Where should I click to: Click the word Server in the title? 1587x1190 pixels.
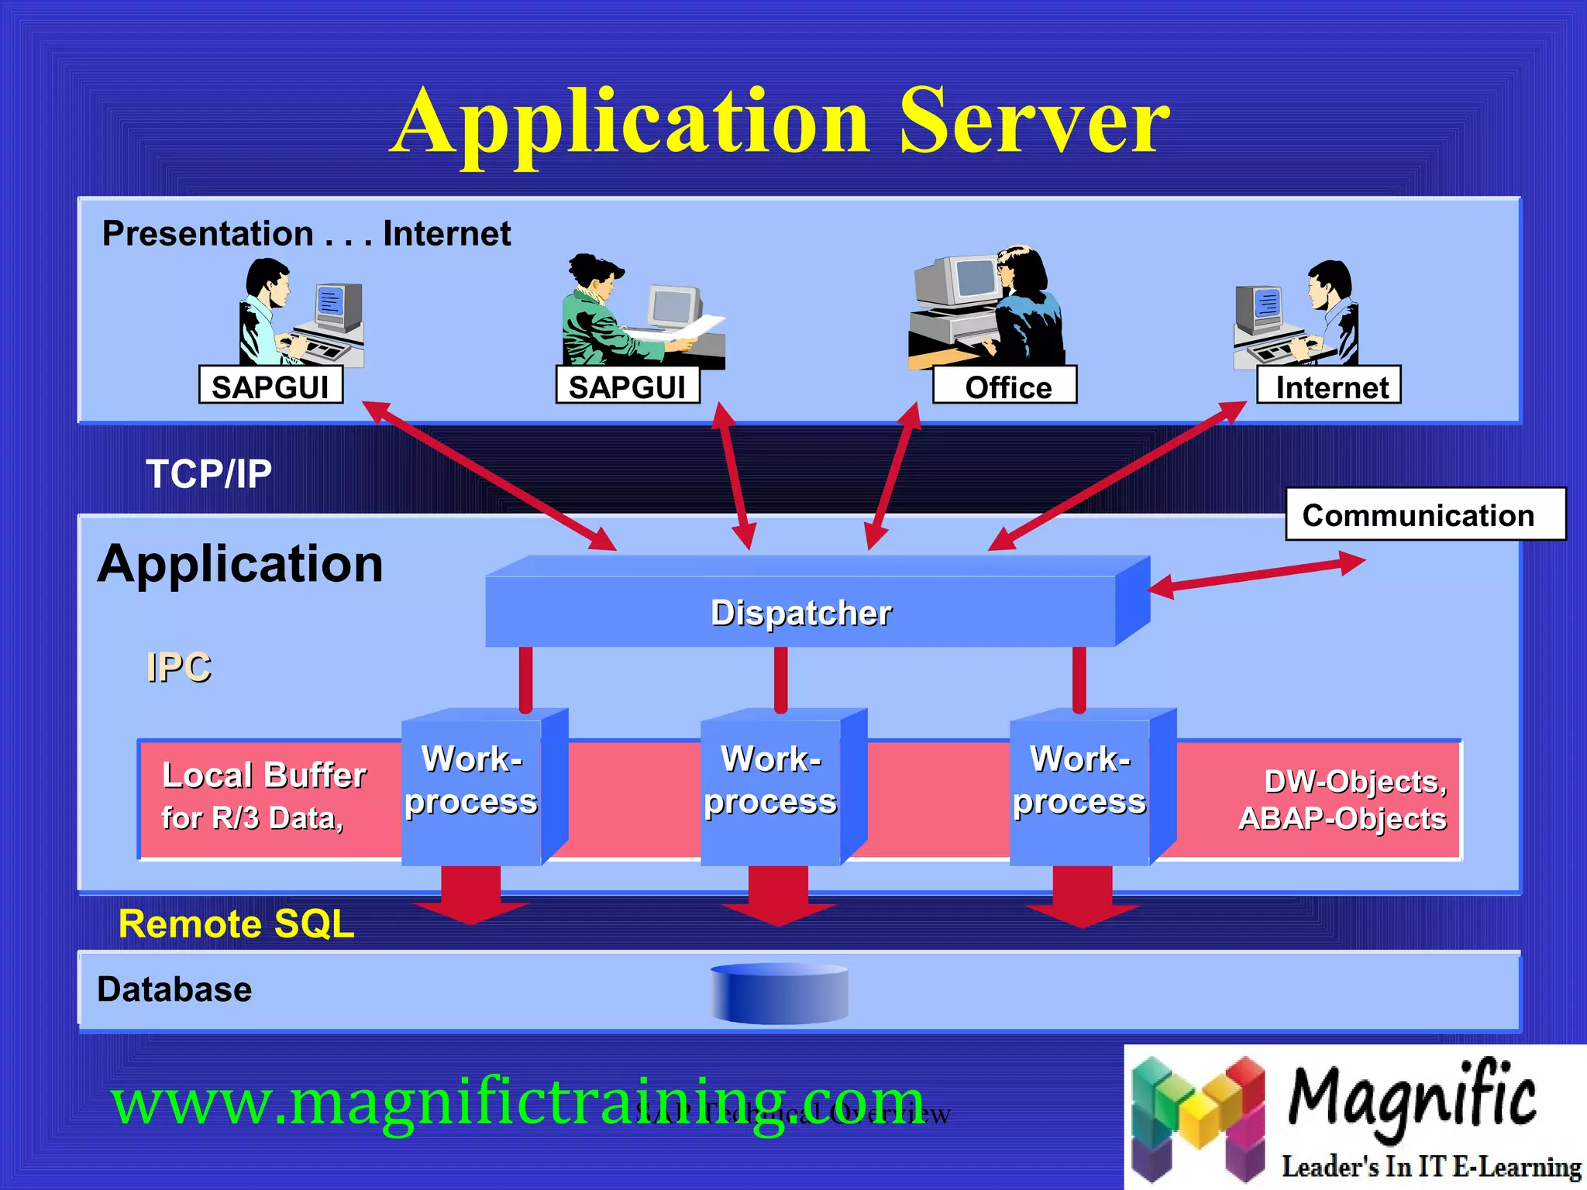pos(1034,122)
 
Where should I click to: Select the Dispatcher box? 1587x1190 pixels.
pos(801,612)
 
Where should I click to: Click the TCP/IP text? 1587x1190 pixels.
pos(209,473)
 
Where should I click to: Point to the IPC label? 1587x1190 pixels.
pos(178,667)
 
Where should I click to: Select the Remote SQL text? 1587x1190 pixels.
pos(236,923)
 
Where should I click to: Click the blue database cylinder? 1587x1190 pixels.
pos(779,994)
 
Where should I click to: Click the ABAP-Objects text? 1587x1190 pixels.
pos(1342,819)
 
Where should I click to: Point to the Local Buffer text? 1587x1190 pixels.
pos(263,776)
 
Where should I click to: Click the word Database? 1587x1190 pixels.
pos(174,989)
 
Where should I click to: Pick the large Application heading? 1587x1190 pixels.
pos(240,563)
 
